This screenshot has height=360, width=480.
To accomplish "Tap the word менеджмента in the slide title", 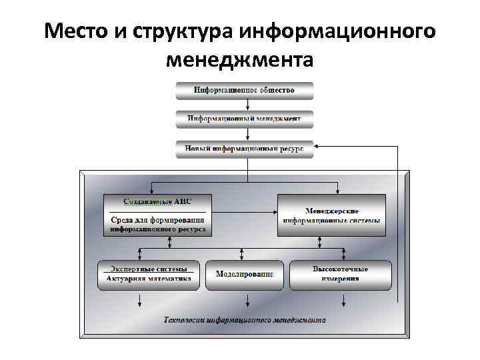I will coord(240,61).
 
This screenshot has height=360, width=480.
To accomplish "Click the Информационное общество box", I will coord(245,89).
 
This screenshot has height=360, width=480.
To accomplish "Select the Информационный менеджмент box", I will coord(245,119).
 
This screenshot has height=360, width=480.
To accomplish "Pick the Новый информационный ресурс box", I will coord(245,149).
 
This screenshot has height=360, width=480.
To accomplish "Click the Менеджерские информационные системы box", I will coord(331,215).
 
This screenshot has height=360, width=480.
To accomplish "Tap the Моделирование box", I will coord(244,274).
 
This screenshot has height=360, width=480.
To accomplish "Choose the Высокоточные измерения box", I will coord(340,274).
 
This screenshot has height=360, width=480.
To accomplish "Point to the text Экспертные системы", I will coord(149,268).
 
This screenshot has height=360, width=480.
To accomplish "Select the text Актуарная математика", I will coord(149,279).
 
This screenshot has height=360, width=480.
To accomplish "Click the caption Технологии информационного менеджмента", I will coord(245,320).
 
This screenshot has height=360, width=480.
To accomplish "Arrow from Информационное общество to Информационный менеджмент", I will coord(248,105).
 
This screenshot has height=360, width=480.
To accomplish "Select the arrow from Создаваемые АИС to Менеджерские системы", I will coord(244,211).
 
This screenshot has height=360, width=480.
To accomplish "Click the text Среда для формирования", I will coord(158,219).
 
